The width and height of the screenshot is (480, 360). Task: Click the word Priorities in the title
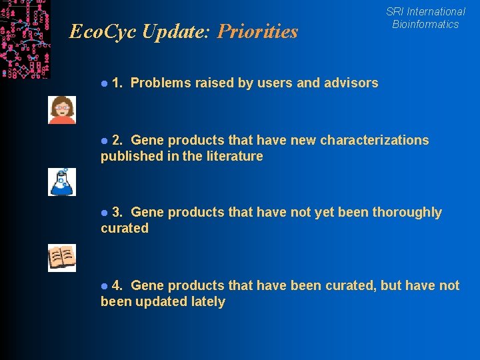point(257,32)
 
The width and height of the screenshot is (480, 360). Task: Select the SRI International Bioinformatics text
point(425,18)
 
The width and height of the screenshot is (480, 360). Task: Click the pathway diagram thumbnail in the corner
point(25,39)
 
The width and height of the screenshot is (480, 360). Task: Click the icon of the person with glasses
point(62,110)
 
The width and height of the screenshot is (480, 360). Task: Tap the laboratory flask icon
point(62,182)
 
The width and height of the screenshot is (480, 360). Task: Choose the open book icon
point(62,258)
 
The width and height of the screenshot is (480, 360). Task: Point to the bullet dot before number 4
point(104,286)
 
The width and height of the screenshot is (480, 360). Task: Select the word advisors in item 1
point(351,83)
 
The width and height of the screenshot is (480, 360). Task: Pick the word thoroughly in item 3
point(407,213)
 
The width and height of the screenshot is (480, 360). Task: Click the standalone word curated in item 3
point(125,228)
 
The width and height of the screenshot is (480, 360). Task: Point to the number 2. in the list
point(117,140)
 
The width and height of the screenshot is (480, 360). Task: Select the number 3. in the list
point(117,212)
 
